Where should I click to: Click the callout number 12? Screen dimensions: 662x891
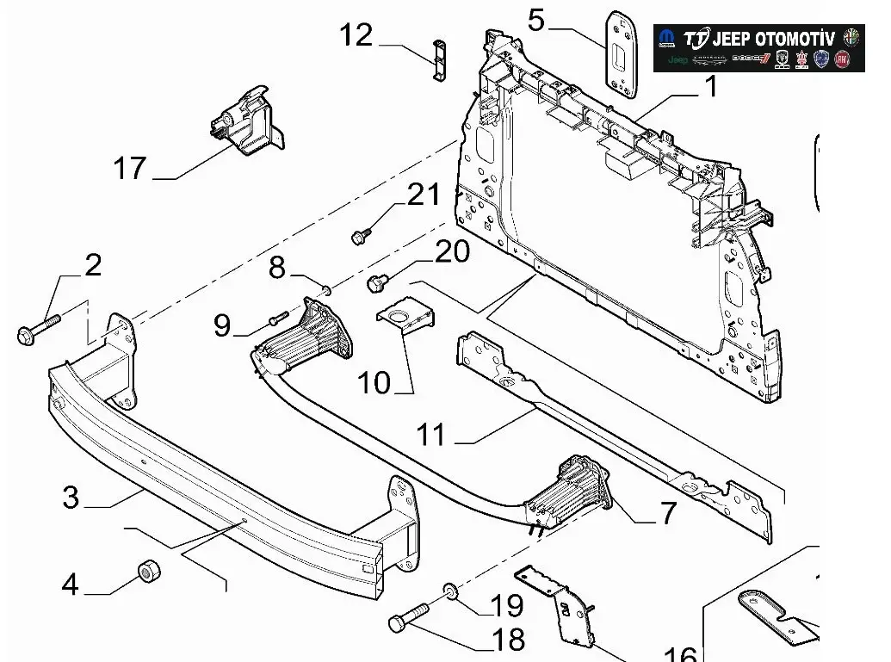[356, 35]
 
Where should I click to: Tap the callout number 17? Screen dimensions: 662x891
[130, 168]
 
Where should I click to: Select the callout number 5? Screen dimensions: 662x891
[536, 19]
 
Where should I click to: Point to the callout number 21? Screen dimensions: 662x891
[424, 195]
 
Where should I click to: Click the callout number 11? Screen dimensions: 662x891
[431, 435]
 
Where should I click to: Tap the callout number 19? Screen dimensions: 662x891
[507, 606]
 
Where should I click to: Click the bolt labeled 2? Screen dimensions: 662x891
[38, 329]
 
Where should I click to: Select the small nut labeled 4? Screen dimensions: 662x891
[148, 570]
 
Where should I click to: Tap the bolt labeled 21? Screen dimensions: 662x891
[362, 234]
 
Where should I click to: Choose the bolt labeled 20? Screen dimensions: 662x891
[376, 282]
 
